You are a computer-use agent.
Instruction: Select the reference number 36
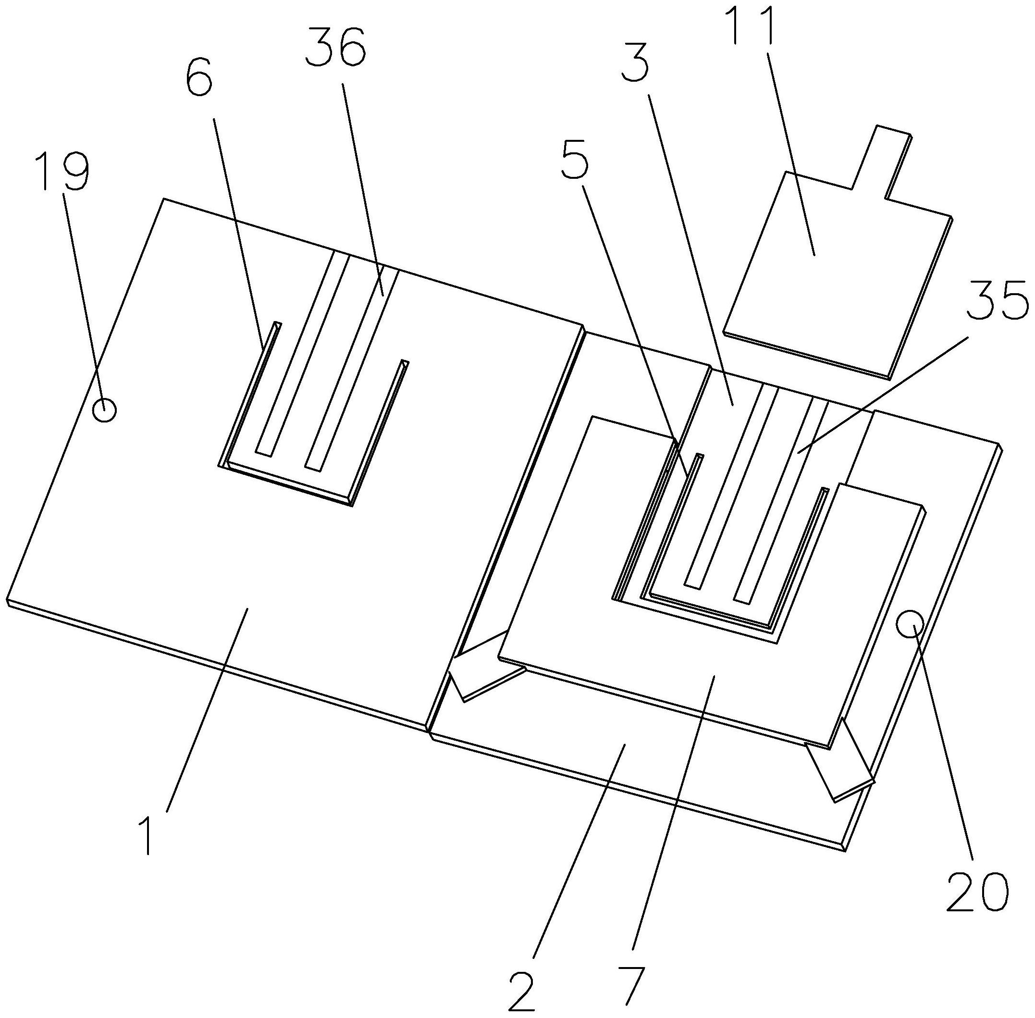tap(336, 47)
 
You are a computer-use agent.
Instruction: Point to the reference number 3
tap(635, 62)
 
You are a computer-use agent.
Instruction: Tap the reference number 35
tap(998, 300)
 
